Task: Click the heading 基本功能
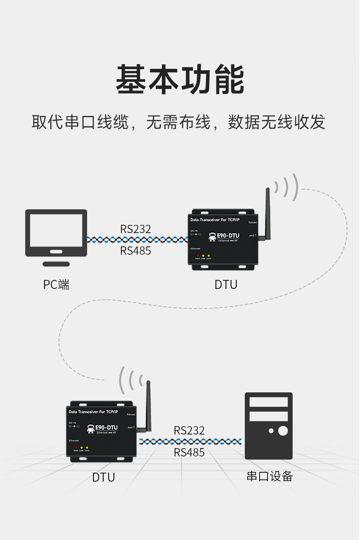(x=180, y=80)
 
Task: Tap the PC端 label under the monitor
(x=56, y=285)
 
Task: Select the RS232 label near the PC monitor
(x=135, y=229)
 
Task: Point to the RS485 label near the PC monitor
(x=135, y=251)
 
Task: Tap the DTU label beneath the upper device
(x=226, y=285)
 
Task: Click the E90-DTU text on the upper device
(x=228, y=236)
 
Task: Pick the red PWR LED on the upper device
(x=197, y=256)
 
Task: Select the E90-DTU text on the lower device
(x=106, y=428)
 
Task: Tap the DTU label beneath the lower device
(x=103, y=477)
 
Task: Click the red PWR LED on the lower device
(x=76, y=448)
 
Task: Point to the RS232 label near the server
(x=189, y=430)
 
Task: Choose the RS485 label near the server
(x=189, y=452)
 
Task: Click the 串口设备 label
(x=270, y=476)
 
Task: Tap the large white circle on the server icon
(x=283, y=431)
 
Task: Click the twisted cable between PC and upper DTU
(x=137, y=240)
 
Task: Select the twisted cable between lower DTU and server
(x=190, y=441)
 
